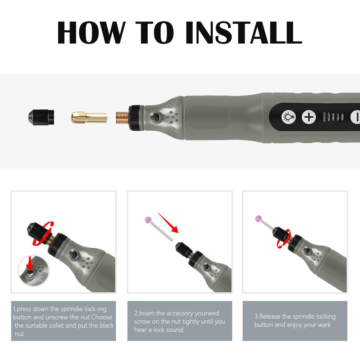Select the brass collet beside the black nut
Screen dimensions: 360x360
89,117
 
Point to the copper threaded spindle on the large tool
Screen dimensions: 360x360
122,117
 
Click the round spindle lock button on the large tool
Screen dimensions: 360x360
155,117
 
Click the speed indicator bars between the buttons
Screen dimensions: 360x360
333,117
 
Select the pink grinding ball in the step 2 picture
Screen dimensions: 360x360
147,219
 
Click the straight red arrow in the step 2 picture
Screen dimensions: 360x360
168,223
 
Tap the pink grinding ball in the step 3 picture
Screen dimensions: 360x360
258,218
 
